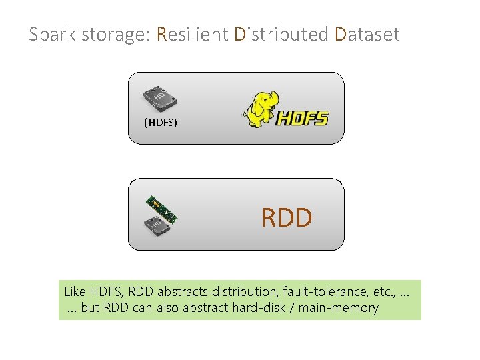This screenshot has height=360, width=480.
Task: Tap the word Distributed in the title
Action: [x=283, y=34]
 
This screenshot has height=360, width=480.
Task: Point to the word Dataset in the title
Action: [x=367, y=34]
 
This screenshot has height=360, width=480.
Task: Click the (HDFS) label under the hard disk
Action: [x=161, y=123]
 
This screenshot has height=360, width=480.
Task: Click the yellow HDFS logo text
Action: [x=302, y=119]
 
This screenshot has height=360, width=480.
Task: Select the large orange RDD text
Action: [x=287, y=217]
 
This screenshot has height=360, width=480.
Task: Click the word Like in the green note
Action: [x=75, y=291]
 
